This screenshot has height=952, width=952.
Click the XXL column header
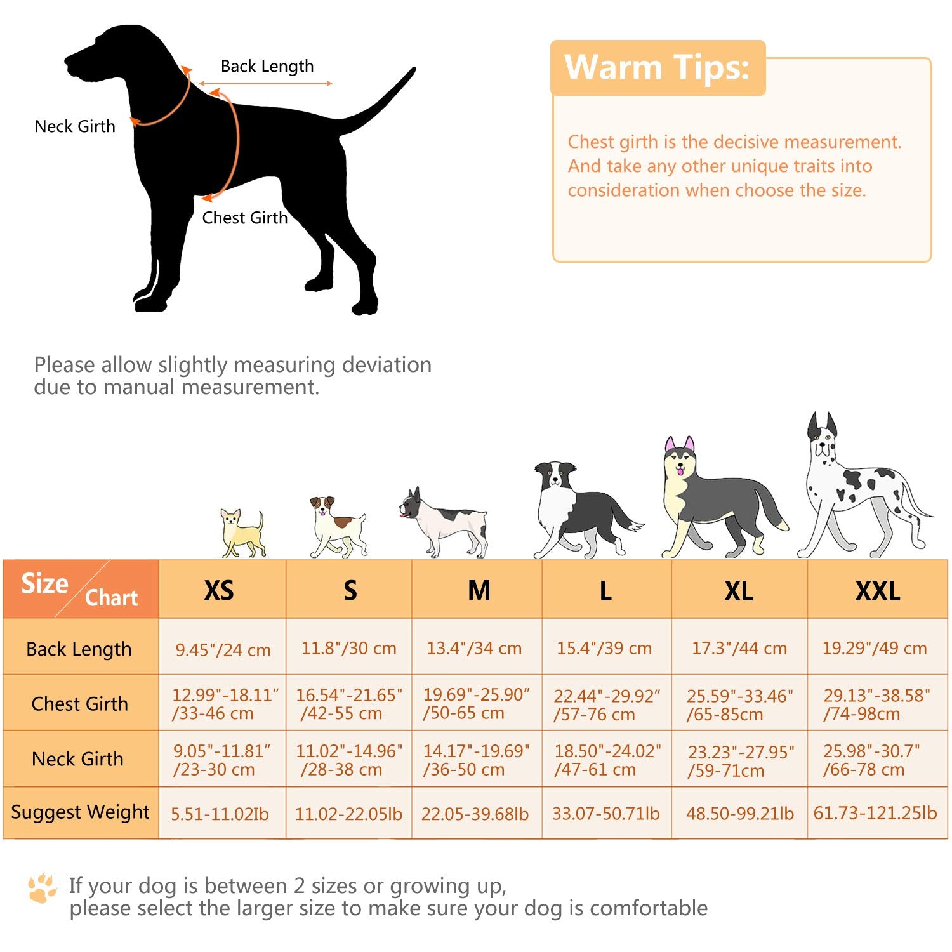pyautogui.click(x=877, y=591)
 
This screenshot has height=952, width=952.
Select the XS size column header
pyautogui.click(x=219, y=590)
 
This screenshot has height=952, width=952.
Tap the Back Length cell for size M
pyautogui.click(x=474, y=648)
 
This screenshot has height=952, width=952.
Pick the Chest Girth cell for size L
pyautogui.click(x=606, y=704)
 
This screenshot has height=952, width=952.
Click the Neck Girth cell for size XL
pyautogui.click(x=740, y=761)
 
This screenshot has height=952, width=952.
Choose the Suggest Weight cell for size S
pyautogui.click(x=348, y=814)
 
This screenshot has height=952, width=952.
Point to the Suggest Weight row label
pyautogui.click(x=80, y=812)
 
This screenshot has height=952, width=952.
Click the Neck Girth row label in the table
pyautogui.click(x=78, y=759)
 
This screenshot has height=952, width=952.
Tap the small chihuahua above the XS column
pyautogui.click(x=242, y=533)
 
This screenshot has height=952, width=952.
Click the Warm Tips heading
pyautogui.click(x=657, y=67)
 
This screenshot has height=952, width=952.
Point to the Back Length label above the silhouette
pyautogui.click(x=267, y=66)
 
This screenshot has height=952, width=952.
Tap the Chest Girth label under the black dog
pyautogui.click(x=244, y=218)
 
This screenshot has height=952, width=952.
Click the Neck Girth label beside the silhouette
pyautogui.click(x=75, y=126)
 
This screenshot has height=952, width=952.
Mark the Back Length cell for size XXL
pyautogui.click(x=875, y=648)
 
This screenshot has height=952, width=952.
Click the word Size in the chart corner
pyautogui.click(x=44, y=583)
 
